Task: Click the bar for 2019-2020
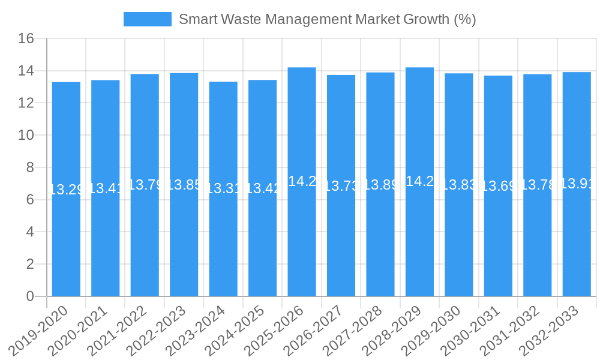point(66,240)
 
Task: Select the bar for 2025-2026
point(302,240)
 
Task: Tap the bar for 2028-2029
point(419,240)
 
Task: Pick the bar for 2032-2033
point(577,240)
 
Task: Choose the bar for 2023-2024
point(223,240)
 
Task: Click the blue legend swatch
point(147,19)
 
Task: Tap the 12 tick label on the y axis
point(26,103)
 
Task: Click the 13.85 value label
point(184,185)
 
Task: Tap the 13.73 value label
point(341,186)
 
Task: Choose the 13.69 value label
point(499,186)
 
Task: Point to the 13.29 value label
point(66,190)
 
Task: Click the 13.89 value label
point(380,185)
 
